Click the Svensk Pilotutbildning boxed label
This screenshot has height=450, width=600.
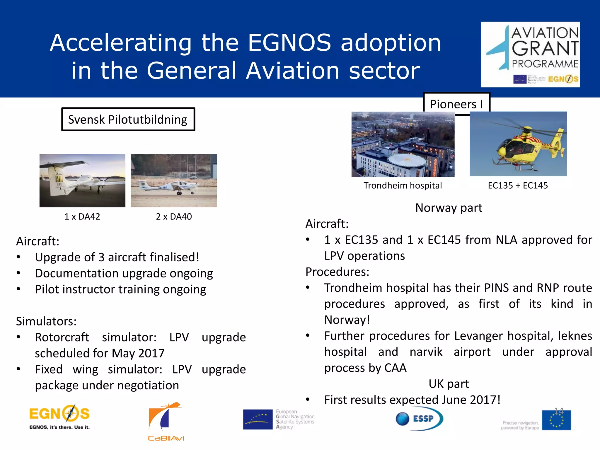tap(128, 120)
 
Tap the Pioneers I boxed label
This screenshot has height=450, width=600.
tap(456, 104)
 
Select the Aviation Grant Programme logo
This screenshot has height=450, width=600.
tap(530, 54)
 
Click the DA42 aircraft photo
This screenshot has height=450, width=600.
tap(82, 180)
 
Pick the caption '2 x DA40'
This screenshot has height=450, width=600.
tap(174, 217)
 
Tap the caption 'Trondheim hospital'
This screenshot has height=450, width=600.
tap(403, 185)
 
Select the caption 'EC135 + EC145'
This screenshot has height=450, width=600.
tap(518, 185)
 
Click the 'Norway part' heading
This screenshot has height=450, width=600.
tap(449, 208)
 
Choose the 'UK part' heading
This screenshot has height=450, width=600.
tap(449, 384)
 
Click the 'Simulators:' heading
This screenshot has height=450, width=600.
tap(46, 321)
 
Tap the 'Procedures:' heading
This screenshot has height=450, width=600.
tap(337, 272)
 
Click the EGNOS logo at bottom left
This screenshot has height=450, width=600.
tap(59, 417)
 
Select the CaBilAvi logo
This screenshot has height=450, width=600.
tap(166, 421)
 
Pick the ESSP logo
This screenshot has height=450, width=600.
tap(419, 419)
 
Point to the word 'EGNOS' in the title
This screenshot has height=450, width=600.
tap(289, 43)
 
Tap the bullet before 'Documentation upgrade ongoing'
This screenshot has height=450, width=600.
tap(18, 273)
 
